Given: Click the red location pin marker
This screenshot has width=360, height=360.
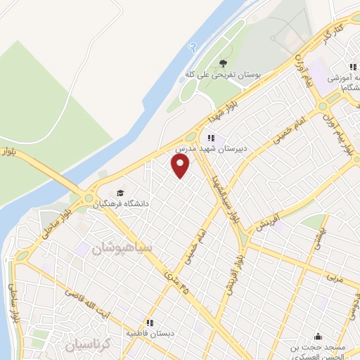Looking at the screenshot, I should click(x=181, y=165).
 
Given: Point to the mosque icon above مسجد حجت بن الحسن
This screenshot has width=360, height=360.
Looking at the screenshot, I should click(x=319, y=335).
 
